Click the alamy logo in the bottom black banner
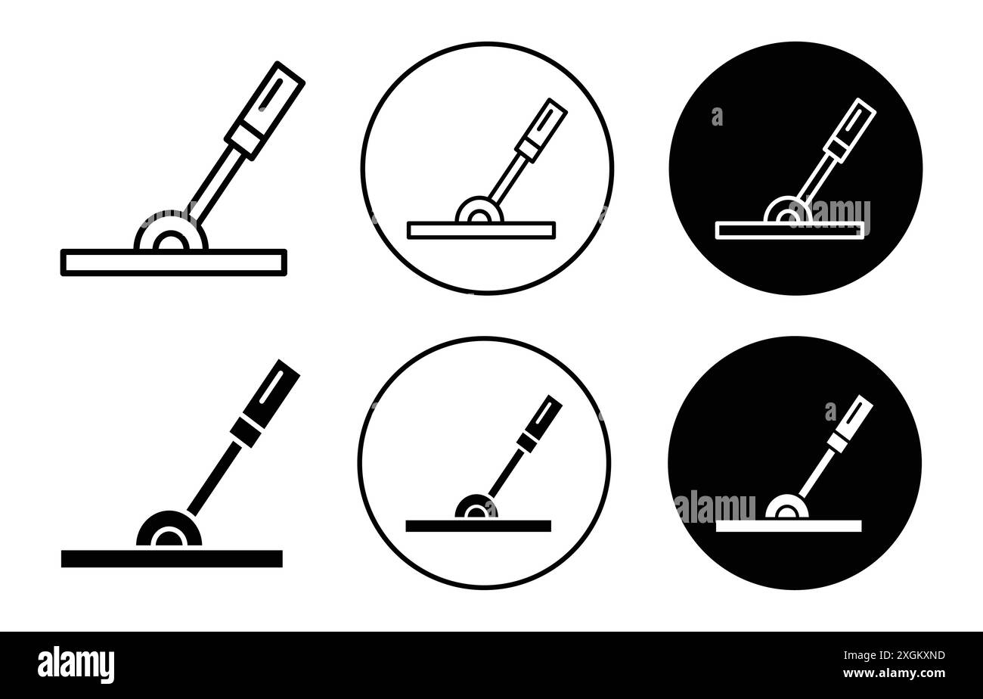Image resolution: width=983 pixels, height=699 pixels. tap(76, 665)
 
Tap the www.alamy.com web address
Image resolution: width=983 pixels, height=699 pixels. tap(894, 673)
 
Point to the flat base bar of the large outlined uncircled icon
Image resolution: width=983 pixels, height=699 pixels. tap(173, 263)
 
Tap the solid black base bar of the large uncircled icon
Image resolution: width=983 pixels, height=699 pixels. tap(172, 558)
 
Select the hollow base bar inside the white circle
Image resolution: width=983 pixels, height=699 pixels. tap(481, 230)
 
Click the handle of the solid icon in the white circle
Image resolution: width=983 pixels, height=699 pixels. tap(540, 421)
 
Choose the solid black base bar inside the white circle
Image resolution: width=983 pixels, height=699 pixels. tap(478, 526)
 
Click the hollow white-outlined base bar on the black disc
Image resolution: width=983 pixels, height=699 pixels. tap(789, 230)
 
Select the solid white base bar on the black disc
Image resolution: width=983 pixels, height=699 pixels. tap(789, 526)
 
